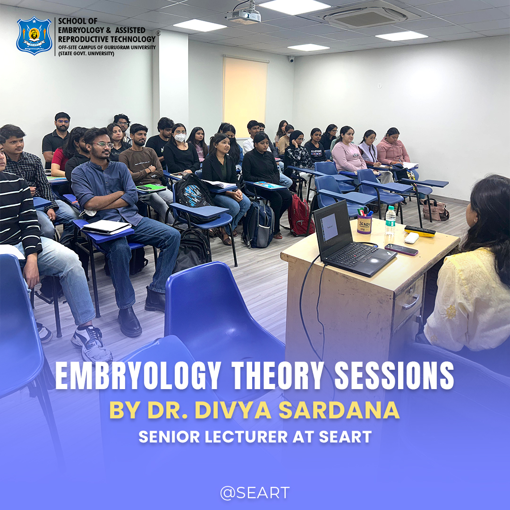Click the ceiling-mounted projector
[244, 16]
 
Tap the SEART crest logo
[34, 36]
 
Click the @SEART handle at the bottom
[255, 493]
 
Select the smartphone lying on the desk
[401, 249]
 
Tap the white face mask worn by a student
[180, 137]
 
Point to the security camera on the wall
[291, 59]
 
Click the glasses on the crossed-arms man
[103, 144]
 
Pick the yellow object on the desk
[419, 231]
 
